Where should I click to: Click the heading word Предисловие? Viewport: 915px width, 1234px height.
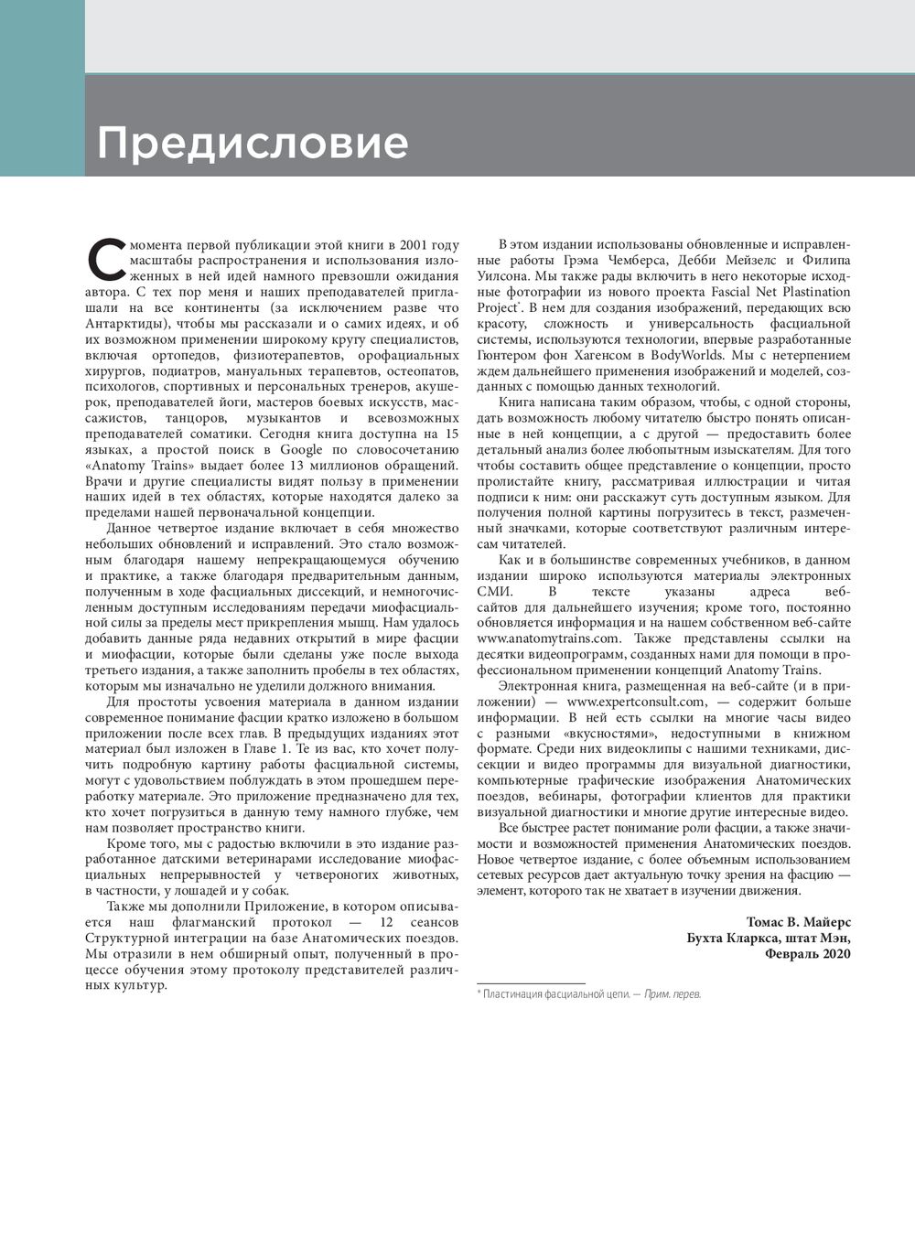pyautogui.click(x=253, y=143)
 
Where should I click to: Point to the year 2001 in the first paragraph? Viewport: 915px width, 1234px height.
pyautogui.click(x=413, y=245)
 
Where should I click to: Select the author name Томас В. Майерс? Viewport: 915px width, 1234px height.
pyautogui.click(x=799, y=921)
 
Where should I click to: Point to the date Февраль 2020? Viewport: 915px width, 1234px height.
pyautogui.click(x=808, y=953)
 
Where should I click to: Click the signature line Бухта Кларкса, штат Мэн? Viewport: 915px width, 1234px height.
pyautogui.click(x=769, y=938)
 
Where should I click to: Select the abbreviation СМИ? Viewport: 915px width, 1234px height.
pyautogui.click(x=494, y=591)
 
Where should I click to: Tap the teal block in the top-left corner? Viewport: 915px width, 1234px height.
pyautogui.click(x=42, y=88)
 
